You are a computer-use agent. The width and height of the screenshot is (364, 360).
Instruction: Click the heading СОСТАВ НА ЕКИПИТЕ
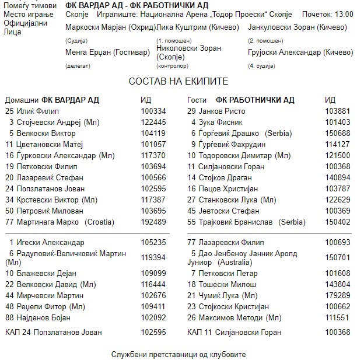pos(178,81)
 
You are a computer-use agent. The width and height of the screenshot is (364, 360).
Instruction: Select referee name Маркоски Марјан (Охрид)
pos(110,27)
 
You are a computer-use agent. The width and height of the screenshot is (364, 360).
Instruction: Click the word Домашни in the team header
pos(22,100)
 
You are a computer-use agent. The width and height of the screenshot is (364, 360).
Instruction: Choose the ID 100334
pos(153,111)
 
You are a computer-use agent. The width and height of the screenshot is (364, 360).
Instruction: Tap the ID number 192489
pos(153,222)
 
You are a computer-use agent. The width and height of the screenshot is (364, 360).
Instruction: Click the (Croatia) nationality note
pos(100,222)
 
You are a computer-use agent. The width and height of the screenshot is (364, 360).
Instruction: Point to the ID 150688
pos(338,133)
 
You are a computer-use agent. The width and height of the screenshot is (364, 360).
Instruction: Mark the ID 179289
pos(338,295)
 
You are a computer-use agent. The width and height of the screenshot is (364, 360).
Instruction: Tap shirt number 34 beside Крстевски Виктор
pos(9,200)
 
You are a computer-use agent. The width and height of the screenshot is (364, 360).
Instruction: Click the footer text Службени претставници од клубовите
pos(178,354)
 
